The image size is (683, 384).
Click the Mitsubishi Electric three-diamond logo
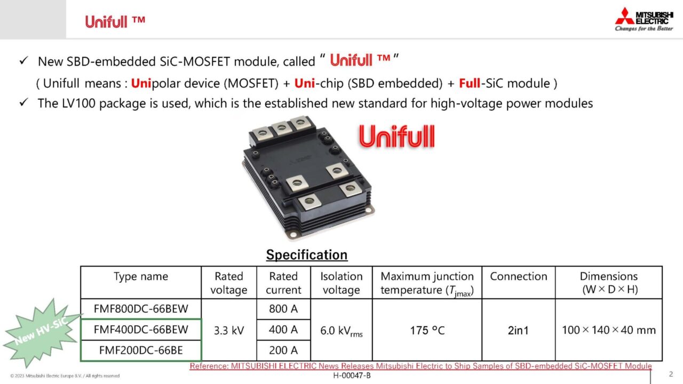(624, 16)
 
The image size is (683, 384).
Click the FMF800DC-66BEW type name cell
(141, 309)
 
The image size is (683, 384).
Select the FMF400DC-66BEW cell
(141, 330)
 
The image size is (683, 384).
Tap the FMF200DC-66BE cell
(141, 350)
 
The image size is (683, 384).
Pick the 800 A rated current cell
(283, 309)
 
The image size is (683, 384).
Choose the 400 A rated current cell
(283, 330)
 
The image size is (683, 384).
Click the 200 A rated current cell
(283, 350)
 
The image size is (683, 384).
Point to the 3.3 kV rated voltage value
(229, 330)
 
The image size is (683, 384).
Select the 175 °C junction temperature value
(427, 330)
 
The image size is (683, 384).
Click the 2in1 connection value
(518, 330)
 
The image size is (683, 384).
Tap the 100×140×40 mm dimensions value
(609, 330)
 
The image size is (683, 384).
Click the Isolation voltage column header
(341, 283)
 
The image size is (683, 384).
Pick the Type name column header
(141, 276)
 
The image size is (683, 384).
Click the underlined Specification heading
(307, 255)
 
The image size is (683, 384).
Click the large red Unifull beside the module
(396, 137)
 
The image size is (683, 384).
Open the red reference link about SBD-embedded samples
(420, 366)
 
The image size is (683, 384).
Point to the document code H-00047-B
(352, 375)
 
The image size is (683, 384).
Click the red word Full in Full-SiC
(470, 83)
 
